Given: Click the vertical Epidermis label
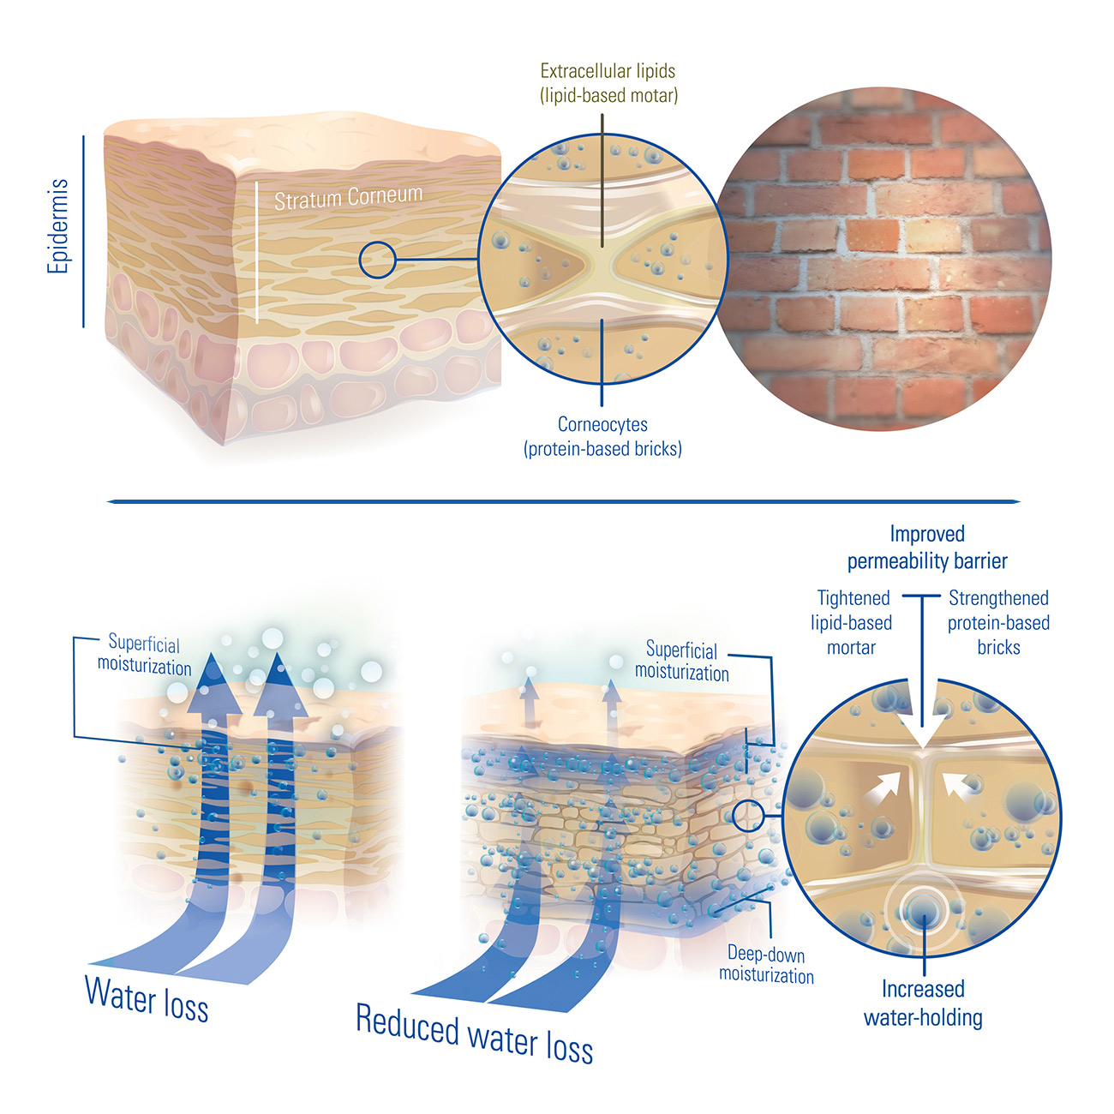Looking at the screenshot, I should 58,226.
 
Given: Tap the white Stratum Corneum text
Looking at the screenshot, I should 348,198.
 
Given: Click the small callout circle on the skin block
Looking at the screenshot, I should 377,260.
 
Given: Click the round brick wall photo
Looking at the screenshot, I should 883,258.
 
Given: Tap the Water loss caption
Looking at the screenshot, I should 147,999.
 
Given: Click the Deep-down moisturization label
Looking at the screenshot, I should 766,965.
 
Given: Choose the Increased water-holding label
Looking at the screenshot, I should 923,1003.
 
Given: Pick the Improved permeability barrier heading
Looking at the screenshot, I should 927,548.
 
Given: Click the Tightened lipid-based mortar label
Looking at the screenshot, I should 852,623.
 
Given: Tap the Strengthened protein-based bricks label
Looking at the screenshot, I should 998,623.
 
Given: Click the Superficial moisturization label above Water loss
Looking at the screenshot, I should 144,656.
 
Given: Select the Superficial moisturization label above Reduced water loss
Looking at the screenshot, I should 682,662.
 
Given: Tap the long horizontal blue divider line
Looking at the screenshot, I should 563,501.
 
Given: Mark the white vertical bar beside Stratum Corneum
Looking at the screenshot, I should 256,252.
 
